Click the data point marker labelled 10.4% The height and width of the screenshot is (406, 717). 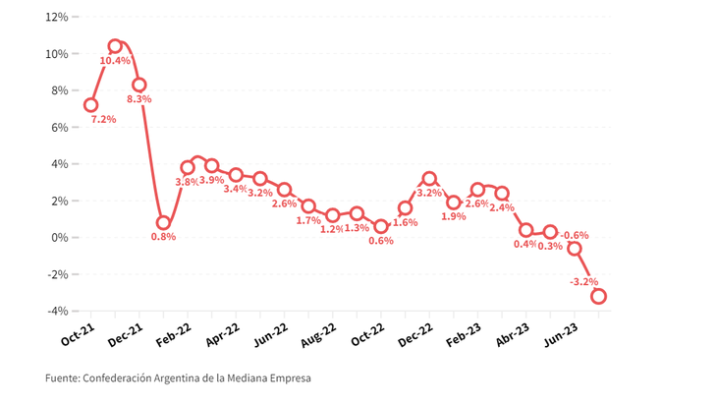click(115, 46)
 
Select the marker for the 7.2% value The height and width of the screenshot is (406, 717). click(91, 105)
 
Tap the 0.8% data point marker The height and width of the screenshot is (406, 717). click(163, 223)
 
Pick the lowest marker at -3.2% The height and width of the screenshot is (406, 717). click(598, 296)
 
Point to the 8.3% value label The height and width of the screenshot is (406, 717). click(138, 99)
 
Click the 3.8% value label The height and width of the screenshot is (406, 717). click(186, 182)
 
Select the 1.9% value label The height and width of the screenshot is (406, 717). click(453, 216)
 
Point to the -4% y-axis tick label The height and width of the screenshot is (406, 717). click(57, 311)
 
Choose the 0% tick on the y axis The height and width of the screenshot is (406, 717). click(59, 237)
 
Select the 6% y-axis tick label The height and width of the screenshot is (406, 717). click(59, 127)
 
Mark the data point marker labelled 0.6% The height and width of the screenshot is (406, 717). click(381, 227)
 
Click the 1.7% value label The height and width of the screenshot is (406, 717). click(307, 220)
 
